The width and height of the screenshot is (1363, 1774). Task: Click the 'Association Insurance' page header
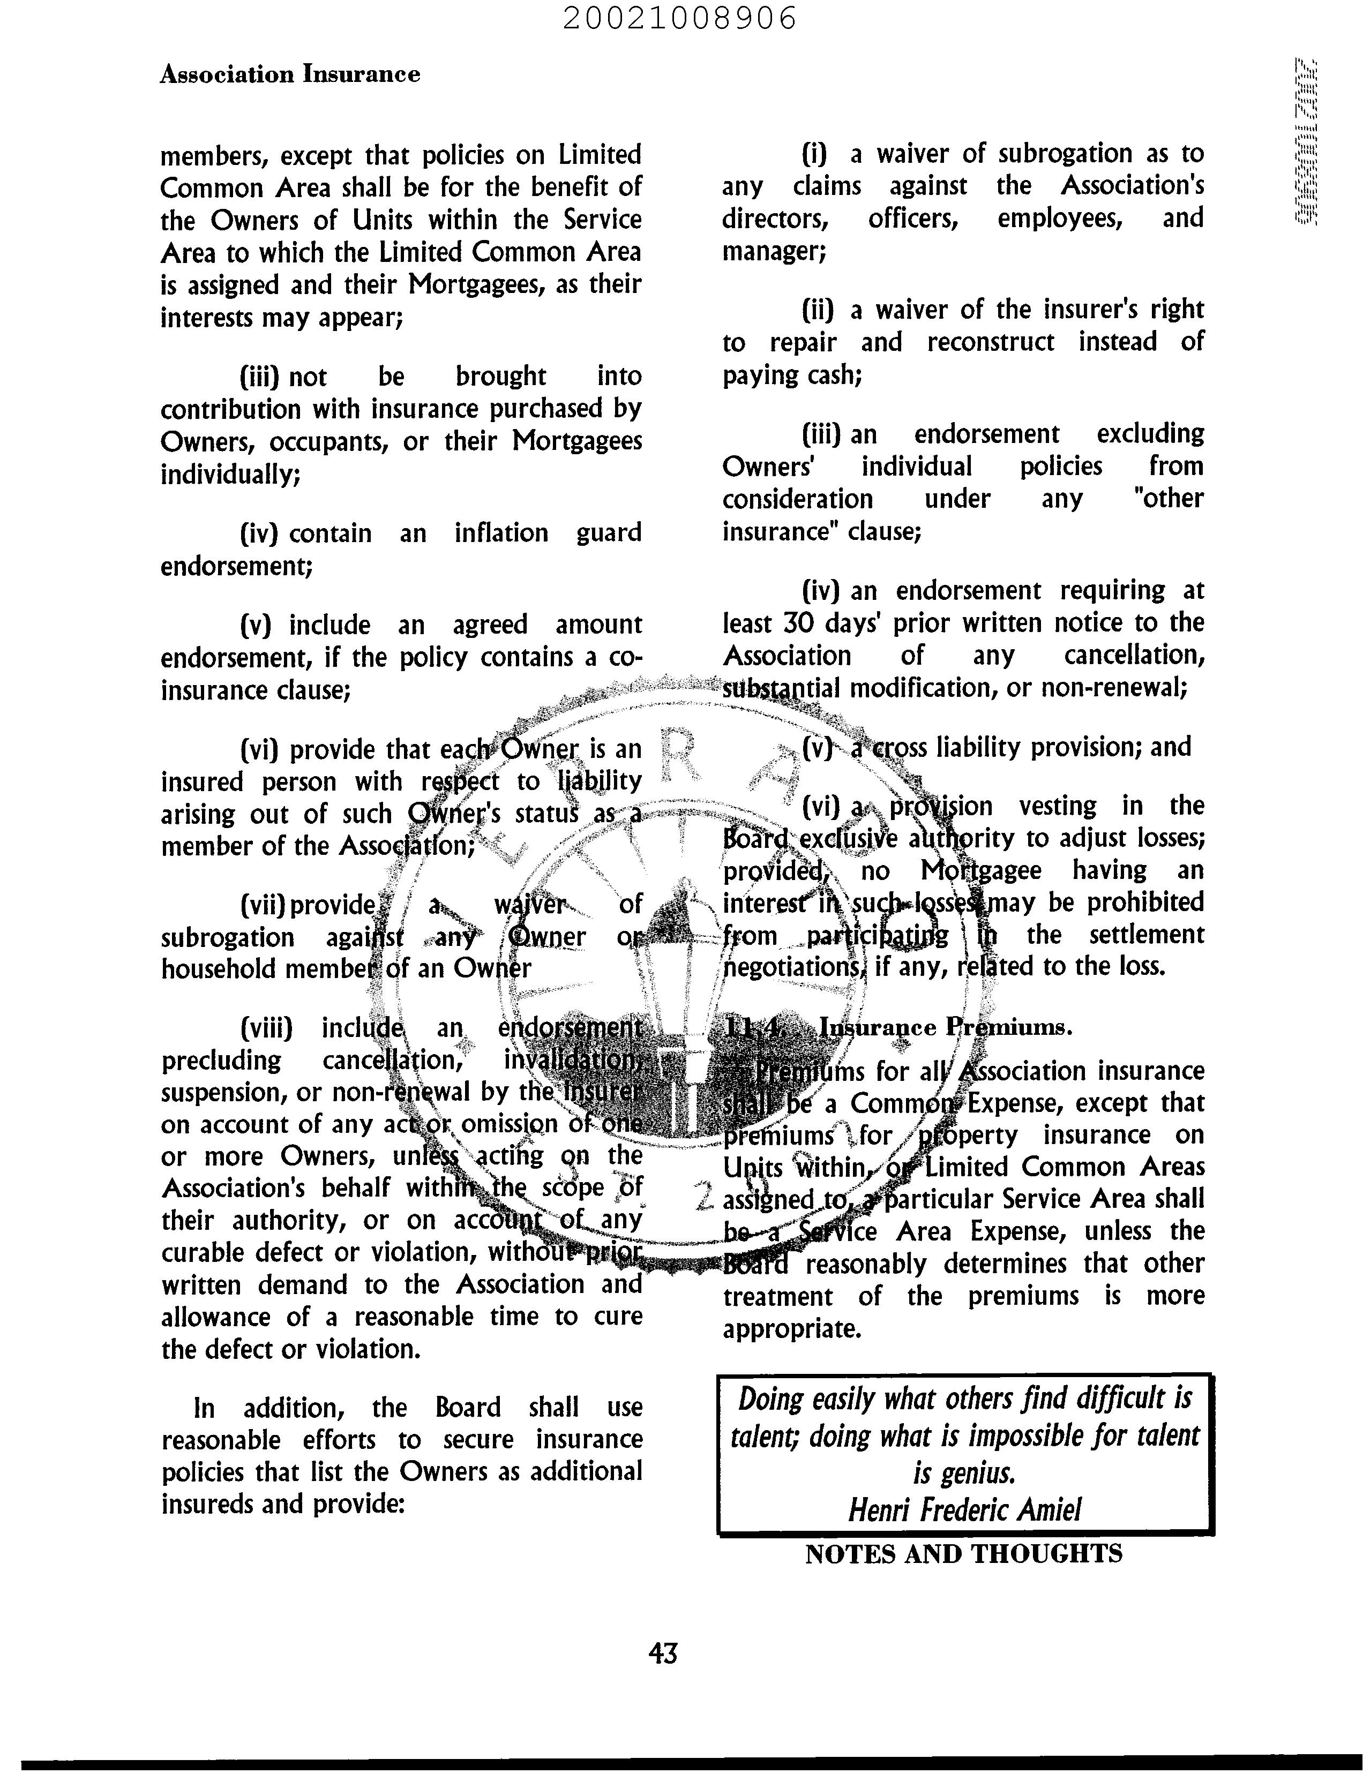point(290,74)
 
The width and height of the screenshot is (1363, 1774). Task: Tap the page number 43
point(663,1653)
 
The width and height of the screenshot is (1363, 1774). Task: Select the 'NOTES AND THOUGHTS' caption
point(964,1554)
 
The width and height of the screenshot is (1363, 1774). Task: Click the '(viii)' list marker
point(266,1028)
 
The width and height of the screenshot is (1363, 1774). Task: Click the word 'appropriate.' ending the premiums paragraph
point(791,1329)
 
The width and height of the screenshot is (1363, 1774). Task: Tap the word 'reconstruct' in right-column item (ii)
point(991,342)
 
